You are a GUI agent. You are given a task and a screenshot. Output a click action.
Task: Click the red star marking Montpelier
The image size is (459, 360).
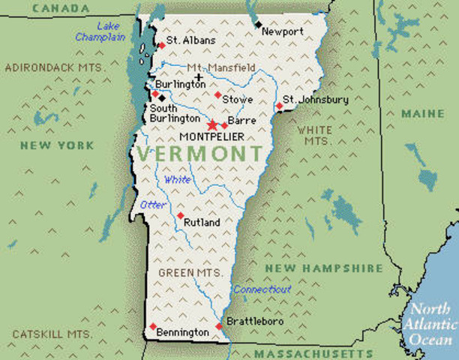click(212, 124)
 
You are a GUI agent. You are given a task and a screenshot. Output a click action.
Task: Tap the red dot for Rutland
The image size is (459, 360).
click(180, 215)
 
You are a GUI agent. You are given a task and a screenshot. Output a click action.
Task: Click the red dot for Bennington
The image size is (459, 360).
click(153, 326)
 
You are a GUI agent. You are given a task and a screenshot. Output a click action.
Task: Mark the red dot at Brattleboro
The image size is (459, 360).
click(218, 326)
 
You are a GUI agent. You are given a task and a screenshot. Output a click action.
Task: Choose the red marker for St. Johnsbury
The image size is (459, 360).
click(279, 106)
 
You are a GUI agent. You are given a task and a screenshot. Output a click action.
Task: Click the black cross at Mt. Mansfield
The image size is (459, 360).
click(198, 77)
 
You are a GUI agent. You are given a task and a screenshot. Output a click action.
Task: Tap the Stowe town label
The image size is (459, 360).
click(237, 100)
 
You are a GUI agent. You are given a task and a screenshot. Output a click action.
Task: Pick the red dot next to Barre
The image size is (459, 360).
click(224, 125)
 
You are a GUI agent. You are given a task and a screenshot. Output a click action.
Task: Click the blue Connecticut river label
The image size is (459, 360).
click(262, 289)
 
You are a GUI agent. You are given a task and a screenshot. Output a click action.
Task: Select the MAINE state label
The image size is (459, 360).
click(422, 113)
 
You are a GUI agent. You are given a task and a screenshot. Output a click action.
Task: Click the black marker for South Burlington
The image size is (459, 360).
click(162, 97)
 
